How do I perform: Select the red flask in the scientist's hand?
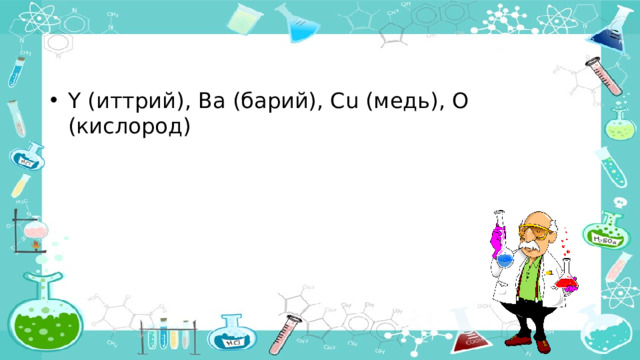point(567,282)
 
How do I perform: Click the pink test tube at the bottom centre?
point(295,330)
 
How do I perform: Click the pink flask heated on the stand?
point(38,234)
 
